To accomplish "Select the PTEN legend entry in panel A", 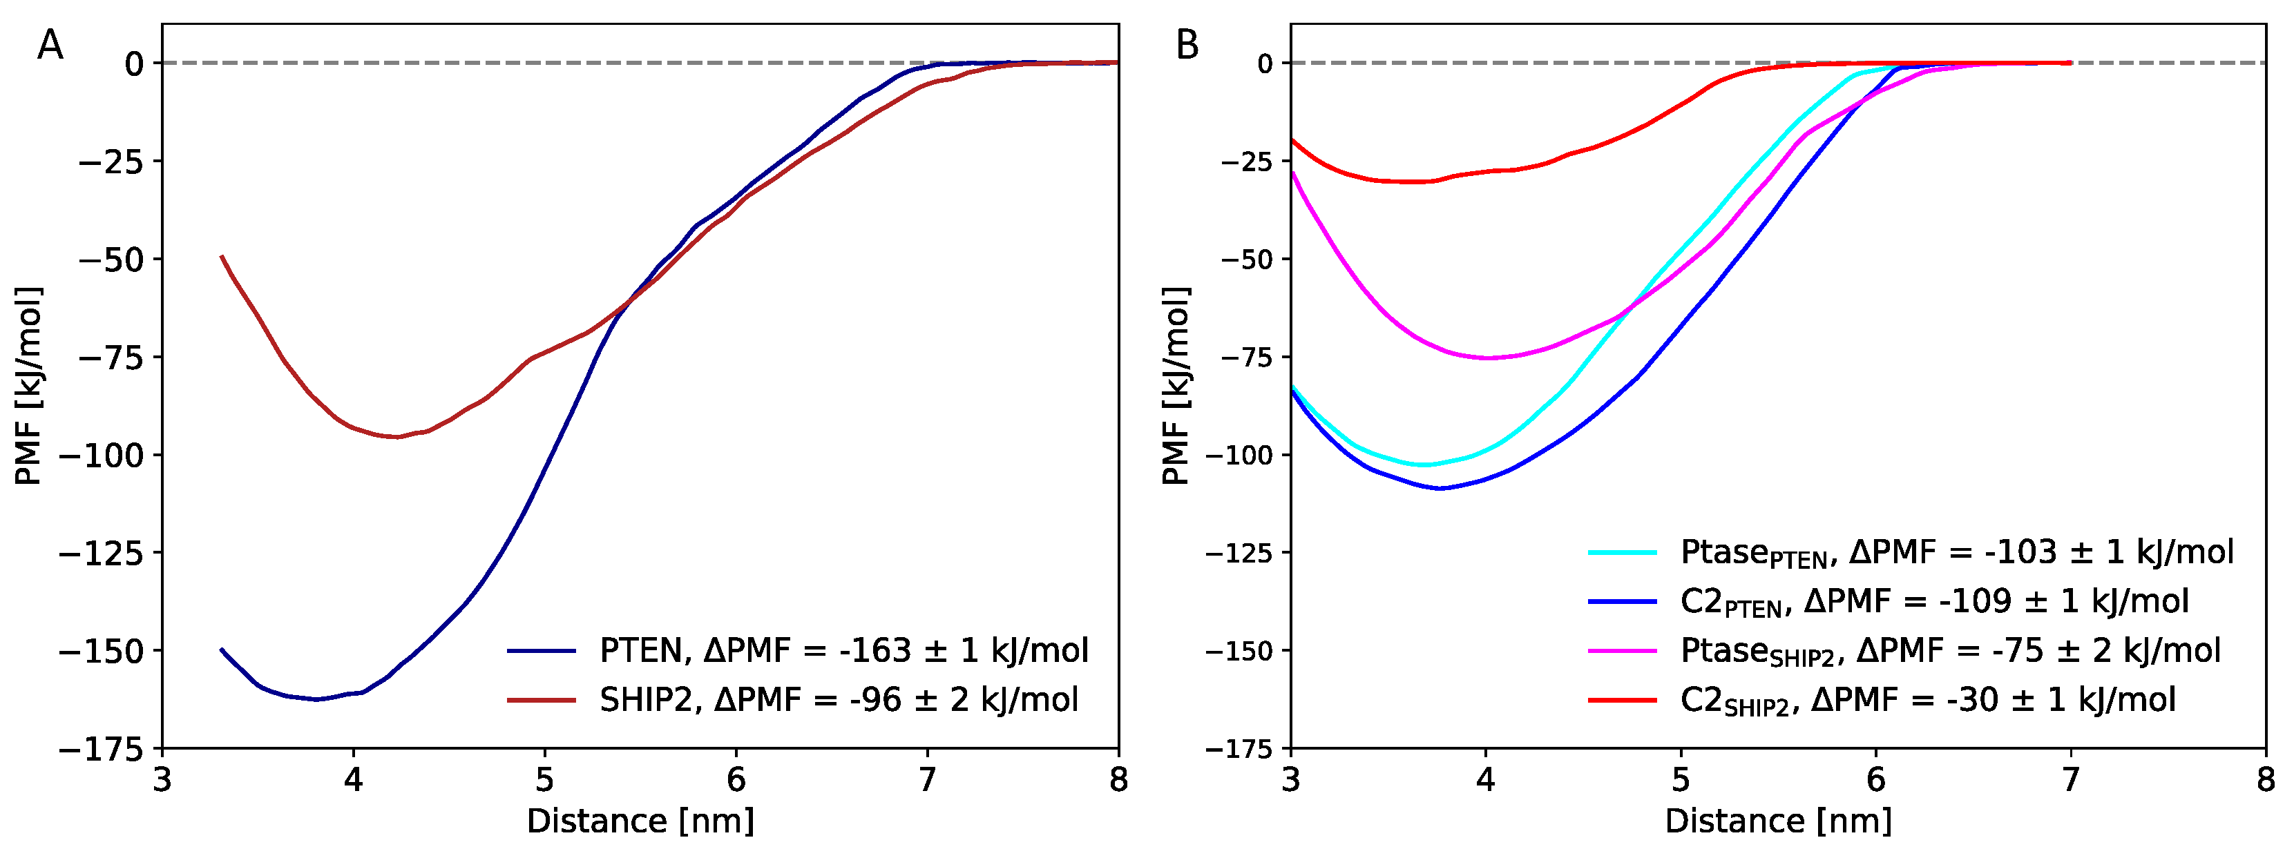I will (843, 650).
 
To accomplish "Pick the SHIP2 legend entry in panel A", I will (837, 699).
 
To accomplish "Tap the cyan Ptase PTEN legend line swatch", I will (1622, 553).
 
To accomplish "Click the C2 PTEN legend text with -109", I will (1933, 602).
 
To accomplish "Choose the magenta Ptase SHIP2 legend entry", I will (1949, 650).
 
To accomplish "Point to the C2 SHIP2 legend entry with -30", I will (1927, 699).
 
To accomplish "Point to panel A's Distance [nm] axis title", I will (640, 821).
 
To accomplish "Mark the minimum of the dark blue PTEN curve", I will (316, 699).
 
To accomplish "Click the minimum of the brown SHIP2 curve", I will (396, 437).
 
